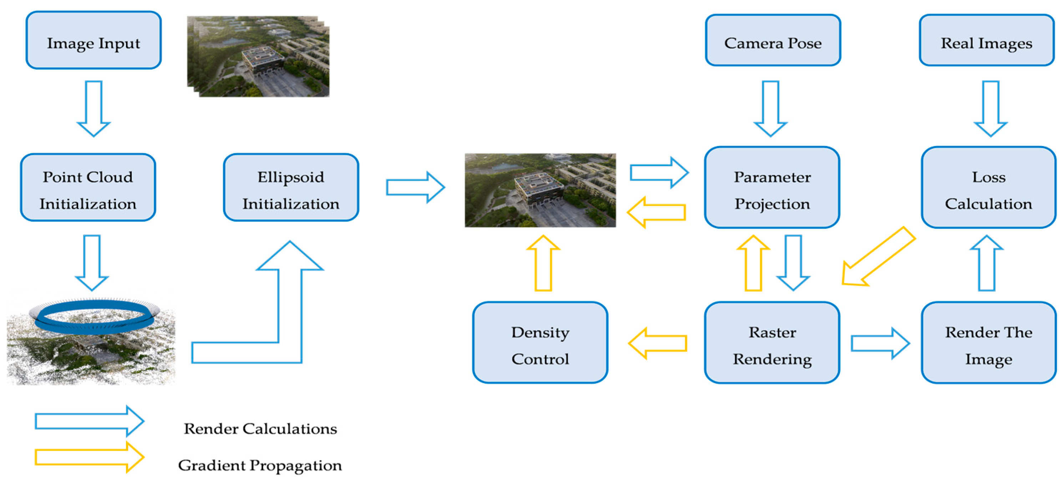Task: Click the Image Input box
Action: point(93,40)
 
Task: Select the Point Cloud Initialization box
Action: point(88,187)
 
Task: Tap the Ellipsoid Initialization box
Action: point(291,187)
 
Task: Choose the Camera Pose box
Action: point(773,40)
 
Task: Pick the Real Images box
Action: point(987,40)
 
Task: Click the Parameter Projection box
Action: point(772,187)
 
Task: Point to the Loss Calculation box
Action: point(989,187)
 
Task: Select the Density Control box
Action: point(540,343)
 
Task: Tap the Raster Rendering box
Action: point(772,343)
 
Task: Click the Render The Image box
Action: point(989,343)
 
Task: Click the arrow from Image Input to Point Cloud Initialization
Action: point(94,108)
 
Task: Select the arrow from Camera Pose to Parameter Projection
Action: point(770,108)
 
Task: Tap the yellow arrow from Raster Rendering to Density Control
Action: point(657,343)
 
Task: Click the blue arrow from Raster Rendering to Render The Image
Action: point(880,343)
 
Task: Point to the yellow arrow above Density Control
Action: point(543,263)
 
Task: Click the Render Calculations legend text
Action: point(260,429)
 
